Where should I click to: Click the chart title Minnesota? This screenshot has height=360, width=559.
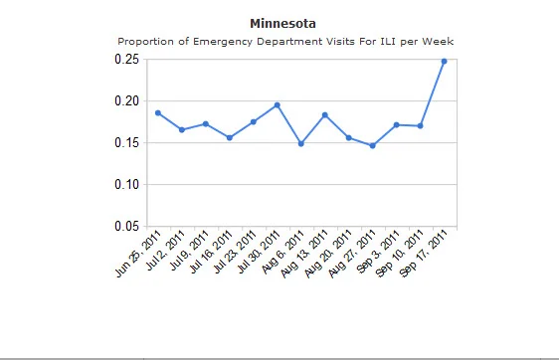282,24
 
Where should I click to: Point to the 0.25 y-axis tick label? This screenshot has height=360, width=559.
126,59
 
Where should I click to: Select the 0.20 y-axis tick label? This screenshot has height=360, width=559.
126,100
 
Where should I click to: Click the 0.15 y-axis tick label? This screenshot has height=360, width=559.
126,142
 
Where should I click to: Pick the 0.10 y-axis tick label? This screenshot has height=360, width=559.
126,184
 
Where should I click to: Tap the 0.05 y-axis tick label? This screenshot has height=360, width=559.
126,226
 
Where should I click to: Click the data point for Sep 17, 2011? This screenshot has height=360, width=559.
444,62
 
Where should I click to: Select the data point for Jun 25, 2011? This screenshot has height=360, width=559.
158,113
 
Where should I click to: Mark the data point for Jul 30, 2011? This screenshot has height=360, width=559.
277,105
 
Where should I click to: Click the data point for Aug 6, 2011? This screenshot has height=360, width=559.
301,143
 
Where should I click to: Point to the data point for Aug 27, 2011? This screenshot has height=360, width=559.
373,145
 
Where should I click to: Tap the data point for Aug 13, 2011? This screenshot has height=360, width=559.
325,115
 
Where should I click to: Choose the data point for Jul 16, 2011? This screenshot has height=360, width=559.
230,137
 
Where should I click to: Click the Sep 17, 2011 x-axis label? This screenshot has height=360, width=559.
423,253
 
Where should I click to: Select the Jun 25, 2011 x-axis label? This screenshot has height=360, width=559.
138,254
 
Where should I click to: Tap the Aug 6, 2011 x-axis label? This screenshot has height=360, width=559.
282,252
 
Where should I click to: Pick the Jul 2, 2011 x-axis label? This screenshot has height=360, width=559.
165,251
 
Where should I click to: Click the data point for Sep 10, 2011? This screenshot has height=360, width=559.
420,126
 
